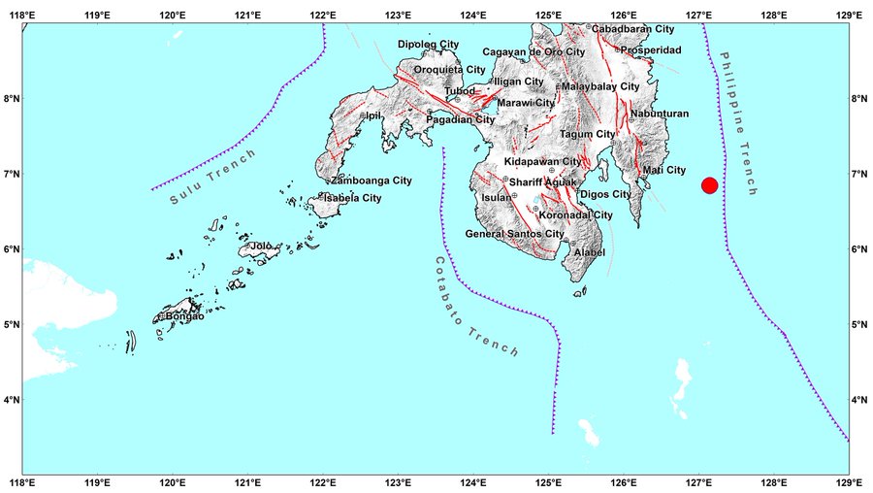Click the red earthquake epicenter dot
click(709, 185)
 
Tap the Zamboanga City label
click(371, 181)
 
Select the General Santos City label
click(514, 234)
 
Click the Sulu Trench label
click(213, 177)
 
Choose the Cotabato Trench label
click(475, 306)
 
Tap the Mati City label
click(664, 171)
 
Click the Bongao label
click(185, 316)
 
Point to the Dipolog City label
click(428, 45)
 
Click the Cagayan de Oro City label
click(533, 51)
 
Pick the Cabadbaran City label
click(631, 29)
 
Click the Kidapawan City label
click(542, 161)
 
